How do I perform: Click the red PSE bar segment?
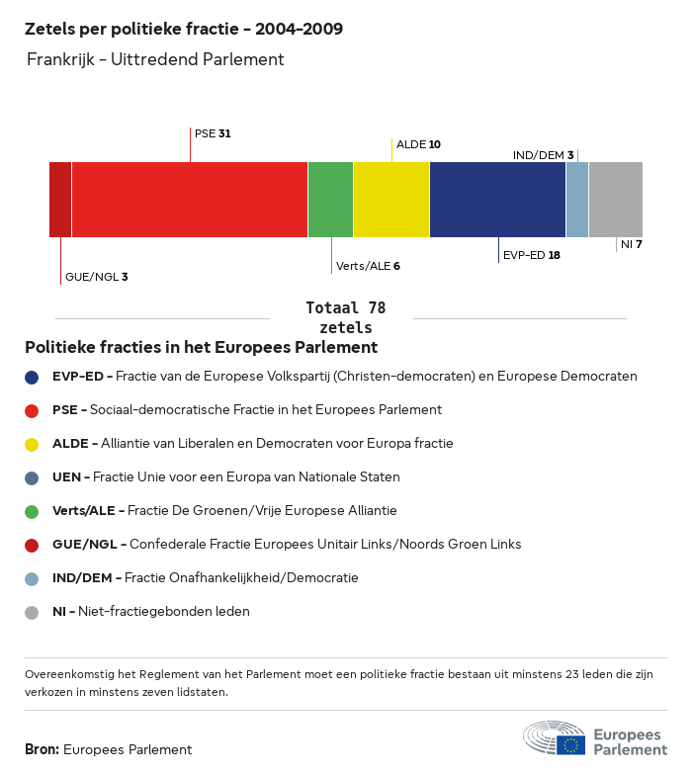[190, 200]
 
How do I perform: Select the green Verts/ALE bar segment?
[330, 200]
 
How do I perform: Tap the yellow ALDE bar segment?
[391, 200]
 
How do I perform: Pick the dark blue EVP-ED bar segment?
[497, 200]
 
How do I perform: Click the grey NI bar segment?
[615, 200]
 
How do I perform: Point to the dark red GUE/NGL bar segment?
[60, 200]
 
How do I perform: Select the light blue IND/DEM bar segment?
[577, 200]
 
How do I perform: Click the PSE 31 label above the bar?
[213, 132]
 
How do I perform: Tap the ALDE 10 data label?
[418, 144]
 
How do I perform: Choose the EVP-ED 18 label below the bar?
[532, 255]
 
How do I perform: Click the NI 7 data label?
[632, 243]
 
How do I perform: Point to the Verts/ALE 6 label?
[368, 266]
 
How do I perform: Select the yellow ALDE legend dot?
[32, 444]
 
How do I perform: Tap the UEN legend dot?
[32, 477]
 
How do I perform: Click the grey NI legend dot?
[32, 612]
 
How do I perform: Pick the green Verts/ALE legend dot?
[32, 511]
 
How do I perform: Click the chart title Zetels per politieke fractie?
[184, 29]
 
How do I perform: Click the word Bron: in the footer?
[43, 750]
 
